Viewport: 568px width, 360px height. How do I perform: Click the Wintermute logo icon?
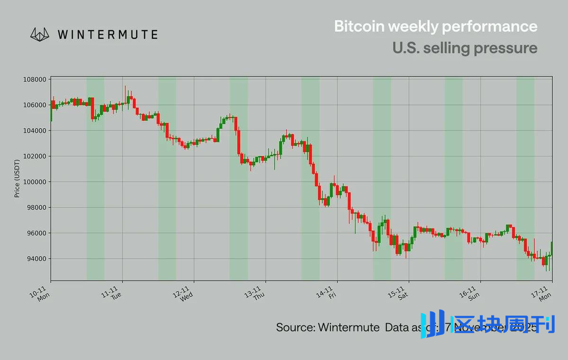pyautogui.click(x=40, y=34)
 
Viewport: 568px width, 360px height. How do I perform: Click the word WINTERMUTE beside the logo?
pyautogui.click(x=107, y=35)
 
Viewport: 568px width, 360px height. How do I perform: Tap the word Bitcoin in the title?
pyautogui.click(x=359, y=26)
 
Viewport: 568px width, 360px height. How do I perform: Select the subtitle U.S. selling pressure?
pyautogui.click(x=464, y=48)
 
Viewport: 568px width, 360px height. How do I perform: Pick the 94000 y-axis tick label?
pyautogui.click(x=36, y=259)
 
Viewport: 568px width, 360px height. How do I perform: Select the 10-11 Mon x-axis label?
pyautogui.click(x=40, y=294)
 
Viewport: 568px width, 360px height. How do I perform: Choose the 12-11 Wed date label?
pyautogui.click(x=183, y=294)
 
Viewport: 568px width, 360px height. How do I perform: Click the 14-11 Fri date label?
pyautogui.click(x=327, y=294)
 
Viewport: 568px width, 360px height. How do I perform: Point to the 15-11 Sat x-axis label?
pyautogui.click(x=399, y=294)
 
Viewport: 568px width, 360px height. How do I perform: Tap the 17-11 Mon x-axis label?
pyautogui.click(x=542, y=294)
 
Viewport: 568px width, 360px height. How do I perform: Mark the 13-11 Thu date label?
pyautogui.click(x=255, y=294)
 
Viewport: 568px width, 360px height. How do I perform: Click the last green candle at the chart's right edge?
pyautogui.click(x=552, y=248)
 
